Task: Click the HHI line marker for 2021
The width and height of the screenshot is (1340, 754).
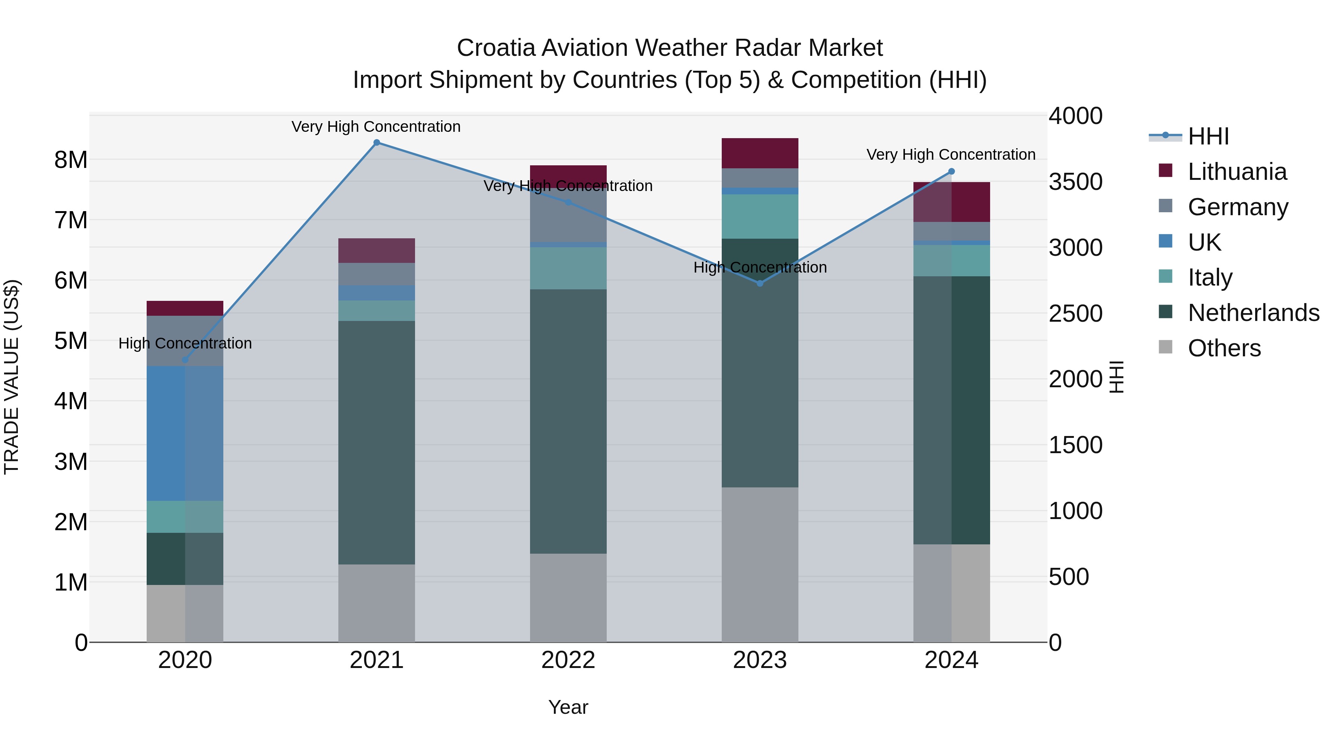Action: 377,143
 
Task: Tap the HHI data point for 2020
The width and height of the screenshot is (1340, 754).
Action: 185,360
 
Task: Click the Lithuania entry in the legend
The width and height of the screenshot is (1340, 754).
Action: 1237,172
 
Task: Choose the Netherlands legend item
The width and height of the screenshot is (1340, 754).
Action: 1253,313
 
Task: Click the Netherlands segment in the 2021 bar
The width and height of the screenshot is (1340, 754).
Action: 377,442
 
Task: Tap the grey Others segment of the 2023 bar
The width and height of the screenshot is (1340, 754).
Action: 760,564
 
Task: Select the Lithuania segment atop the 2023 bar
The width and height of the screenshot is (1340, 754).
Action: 760,153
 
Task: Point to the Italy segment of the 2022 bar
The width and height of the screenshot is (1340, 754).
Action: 568,268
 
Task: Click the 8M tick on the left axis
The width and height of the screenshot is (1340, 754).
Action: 71,160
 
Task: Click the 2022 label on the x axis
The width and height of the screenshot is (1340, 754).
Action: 568,660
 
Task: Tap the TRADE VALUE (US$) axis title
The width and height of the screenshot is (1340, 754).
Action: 12,377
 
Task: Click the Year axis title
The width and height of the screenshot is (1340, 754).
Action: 568,707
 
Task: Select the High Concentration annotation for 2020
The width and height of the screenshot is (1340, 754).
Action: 185,343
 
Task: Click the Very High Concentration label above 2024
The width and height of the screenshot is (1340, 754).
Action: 951,155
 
